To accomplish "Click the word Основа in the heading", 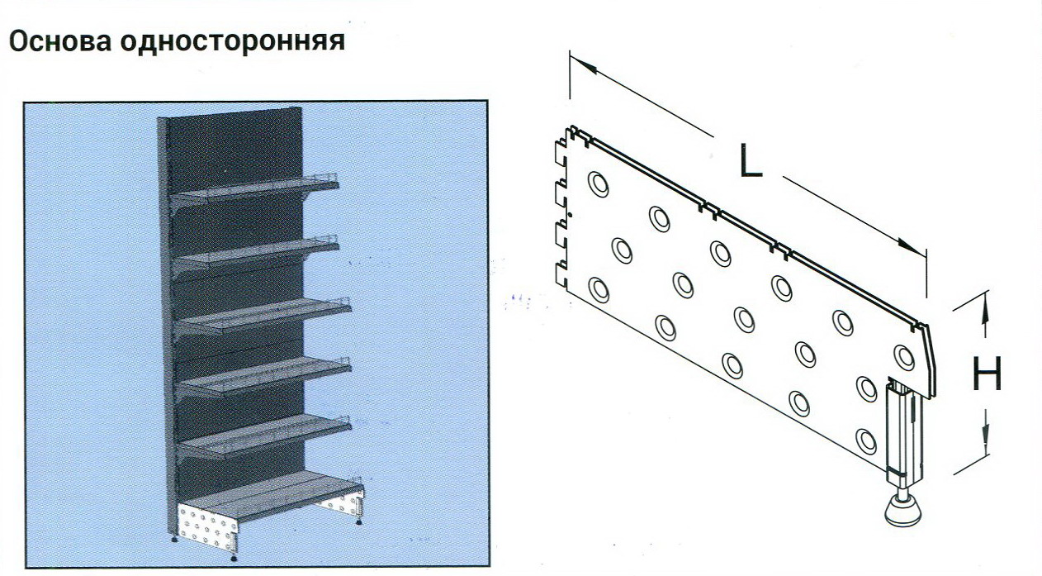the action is tap(60, 41).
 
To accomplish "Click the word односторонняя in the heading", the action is tap(233, 41).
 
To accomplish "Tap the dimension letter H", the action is tap(988, 374).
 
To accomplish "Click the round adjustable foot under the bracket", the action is tap(902, 511).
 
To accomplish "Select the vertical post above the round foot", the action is tap(904, 431).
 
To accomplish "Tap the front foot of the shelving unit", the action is tap(233, 557).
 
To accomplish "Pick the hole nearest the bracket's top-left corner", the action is tap(599, 184).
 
